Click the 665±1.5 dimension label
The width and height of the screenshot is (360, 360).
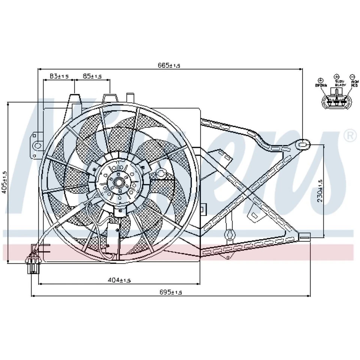(169, 65)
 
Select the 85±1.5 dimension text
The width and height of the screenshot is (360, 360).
(92, 76)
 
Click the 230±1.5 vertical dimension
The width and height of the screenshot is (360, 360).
(319, 190)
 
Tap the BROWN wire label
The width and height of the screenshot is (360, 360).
(321, 85)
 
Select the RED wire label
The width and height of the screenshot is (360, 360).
(354, 85)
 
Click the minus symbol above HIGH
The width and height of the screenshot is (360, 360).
(352, 76)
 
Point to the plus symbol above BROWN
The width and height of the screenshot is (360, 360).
(321, 80)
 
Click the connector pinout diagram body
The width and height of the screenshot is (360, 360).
(336, 102)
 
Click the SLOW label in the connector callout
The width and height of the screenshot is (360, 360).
(339, 81)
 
